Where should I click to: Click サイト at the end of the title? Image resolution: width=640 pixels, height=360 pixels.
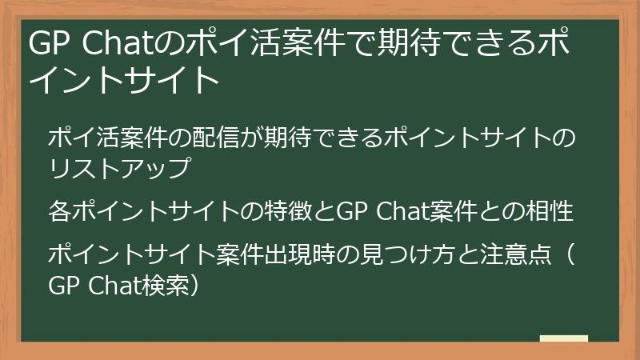click(177, 80)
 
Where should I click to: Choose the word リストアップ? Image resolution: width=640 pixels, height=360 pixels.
click(119, 169)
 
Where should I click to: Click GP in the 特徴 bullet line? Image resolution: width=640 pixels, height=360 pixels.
click(350, 212)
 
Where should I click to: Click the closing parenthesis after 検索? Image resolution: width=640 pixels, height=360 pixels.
click(190, 285)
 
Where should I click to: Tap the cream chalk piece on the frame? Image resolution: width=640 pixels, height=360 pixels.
click(563, 339)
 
